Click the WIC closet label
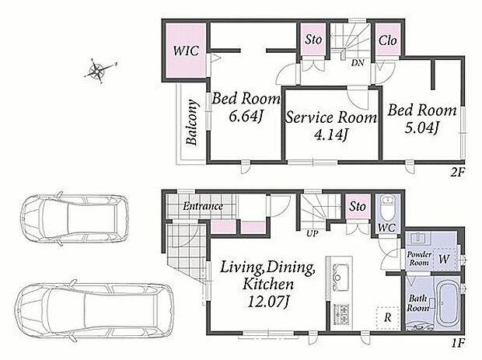(x=186, y=51)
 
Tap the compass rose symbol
(x=98, y=71)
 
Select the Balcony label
(x=192, y=122)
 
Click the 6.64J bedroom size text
(x=246, y=116)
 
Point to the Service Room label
(x=331, y=117)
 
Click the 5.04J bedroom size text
(x=421, y=128)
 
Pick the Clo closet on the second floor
(x=388, y=40)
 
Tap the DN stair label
(x=358, y=63)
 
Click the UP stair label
(x=312, y=233)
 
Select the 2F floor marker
(x=458, y=172)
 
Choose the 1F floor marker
(x=458, y=342)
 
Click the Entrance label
(x=203, y=206)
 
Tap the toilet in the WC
(x=386, y=207)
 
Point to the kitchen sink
(x=339, y=277)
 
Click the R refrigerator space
(x=388, y=318)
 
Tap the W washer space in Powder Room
(x=444, y=259)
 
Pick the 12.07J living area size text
(x=268, y=302)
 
